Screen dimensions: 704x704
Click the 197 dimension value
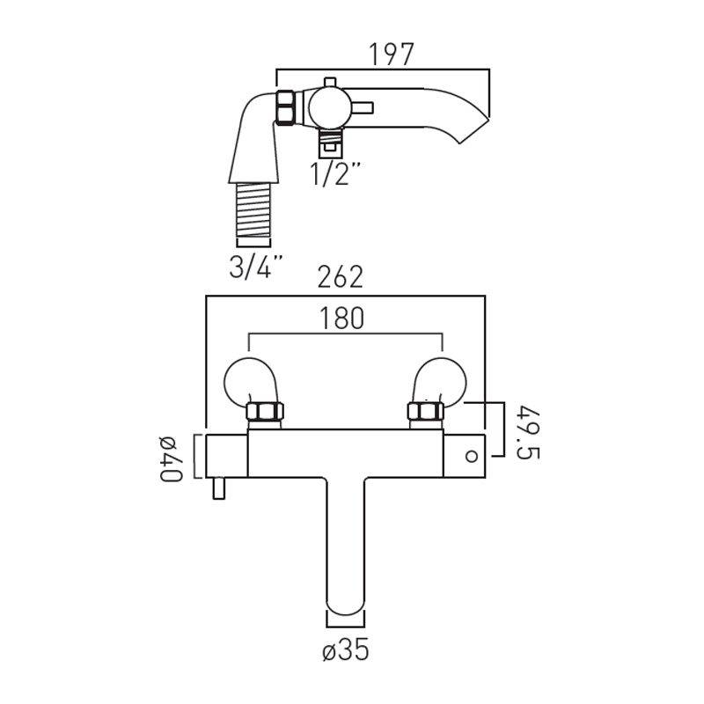pyautogui.click(x=391, y=55)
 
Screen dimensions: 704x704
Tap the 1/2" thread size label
pyautogui.click(x=335, y=173)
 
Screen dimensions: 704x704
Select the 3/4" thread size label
pyautogui.click(x=257, y=267)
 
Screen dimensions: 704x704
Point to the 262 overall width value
pyautogui.click(x=340, y=277)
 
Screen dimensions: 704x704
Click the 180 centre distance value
pyautogui.click(x=341, y=318)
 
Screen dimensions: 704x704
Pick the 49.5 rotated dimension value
pyautogui.click(x=528, y=432)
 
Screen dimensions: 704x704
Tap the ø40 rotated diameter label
pyautogui.click(x=171, y=458)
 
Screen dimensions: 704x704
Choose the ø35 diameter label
pyautogui.click(x=346, y=649)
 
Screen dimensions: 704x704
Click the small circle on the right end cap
pyautogui.click(x=472, y=456)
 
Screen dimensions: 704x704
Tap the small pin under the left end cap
pyautogui.click(x=218, y=488)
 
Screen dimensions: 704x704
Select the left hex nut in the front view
pyautogui.click(x=265, y=411)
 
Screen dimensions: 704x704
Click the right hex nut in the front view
pyautogui.click(x=425, y=411)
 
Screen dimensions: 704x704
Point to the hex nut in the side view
pyautogui.click(x=284, y=106)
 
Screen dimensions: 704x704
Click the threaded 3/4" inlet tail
pyautogui.click(x=253, y=209)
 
